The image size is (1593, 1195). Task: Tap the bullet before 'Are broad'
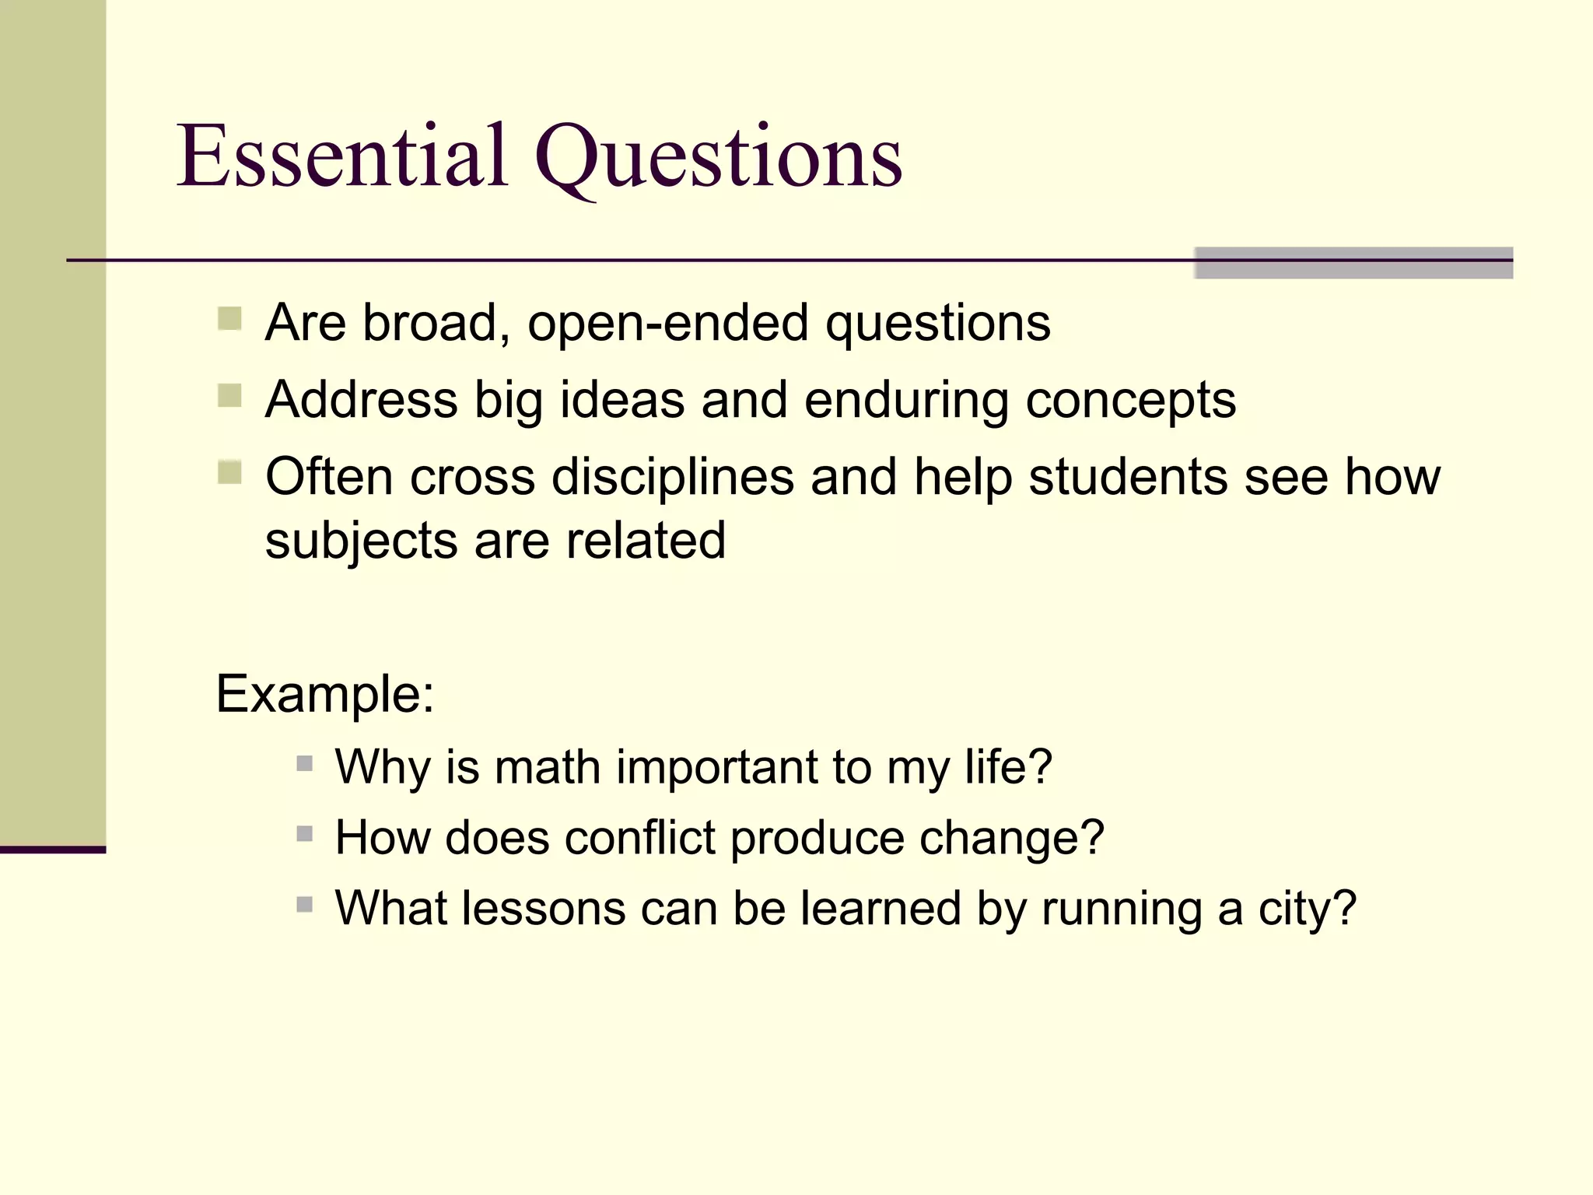[229, 319]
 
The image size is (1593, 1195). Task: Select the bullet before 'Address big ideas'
[229, 396]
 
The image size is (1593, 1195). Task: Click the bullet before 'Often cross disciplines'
[229, 472]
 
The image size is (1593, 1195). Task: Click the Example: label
[324, 695]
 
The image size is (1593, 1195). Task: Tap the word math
[547, 767]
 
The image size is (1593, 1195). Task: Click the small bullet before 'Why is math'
[305, 763]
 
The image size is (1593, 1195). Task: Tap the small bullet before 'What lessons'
[305, 905]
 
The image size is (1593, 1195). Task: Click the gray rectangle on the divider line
[1353, 263]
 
